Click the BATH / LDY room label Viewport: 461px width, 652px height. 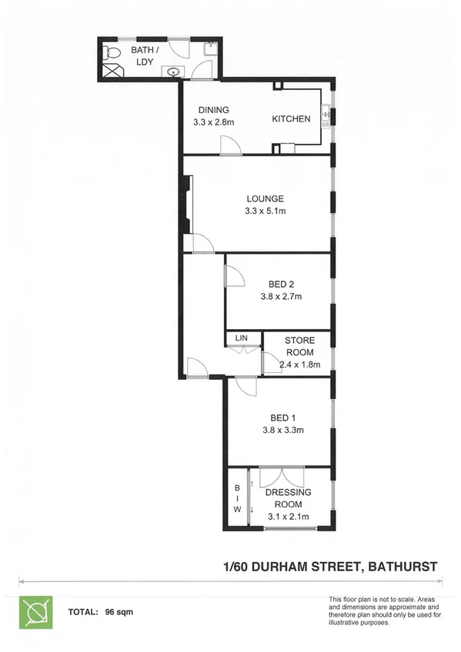141,55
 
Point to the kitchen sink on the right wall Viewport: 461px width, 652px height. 326,115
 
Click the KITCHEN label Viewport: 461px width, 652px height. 292,119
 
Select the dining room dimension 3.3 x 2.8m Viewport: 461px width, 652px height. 213,121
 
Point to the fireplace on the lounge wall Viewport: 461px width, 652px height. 186,204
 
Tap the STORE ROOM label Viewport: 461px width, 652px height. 300,346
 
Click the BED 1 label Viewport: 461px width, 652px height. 279,418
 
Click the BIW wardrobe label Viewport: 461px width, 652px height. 237,498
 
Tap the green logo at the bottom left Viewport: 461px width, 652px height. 35,612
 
